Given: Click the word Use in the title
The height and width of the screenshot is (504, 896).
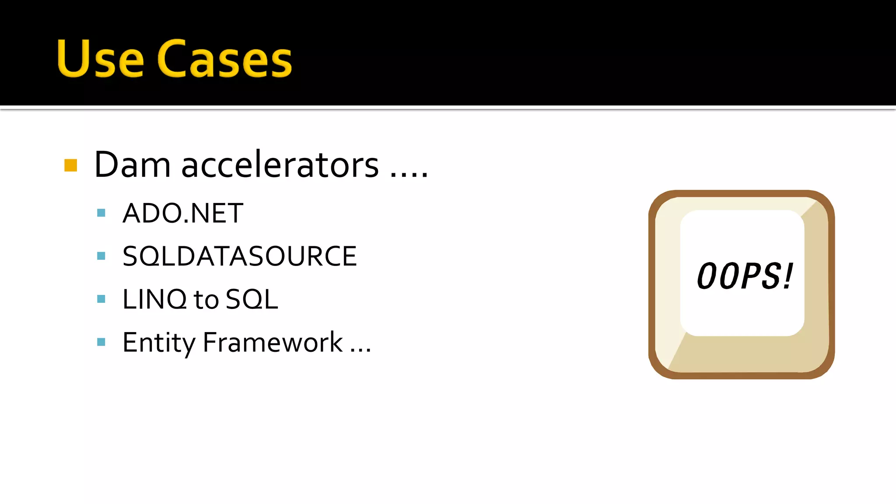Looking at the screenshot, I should (100, 59).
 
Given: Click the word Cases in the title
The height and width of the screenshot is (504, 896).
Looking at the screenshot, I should (224, 60).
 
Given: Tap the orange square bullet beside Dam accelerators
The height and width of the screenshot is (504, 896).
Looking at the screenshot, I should (71, 165).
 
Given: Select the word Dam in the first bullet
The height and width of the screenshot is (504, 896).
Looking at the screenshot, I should (132, 165).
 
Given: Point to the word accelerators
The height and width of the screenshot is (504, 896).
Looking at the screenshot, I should (280, 165).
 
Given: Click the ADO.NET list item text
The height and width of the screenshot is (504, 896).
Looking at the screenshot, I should (183, 213).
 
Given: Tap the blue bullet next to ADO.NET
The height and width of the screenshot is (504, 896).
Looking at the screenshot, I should (101, 213).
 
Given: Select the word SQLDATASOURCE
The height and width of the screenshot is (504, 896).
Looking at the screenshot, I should (239, 256).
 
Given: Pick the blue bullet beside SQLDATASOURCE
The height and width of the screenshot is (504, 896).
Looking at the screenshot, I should (101, 256).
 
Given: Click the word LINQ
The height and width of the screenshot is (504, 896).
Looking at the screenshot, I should (154, 300).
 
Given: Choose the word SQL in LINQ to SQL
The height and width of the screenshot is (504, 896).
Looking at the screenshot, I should (252, 300).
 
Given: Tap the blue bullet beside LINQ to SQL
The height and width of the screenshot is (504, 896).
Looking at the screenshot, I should (101, 299).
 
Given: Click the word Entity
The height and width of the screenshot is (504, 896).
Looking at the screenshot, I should (158, 343).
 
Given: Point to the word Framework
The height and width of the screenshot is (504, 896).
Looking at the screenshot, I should (273, 343).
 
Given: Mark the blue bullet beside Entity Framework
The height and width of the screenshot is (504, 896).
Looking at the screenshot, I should (101, 342).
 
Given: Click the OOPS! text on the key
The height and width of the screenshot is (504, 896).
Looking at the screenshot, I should (745, 276).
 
